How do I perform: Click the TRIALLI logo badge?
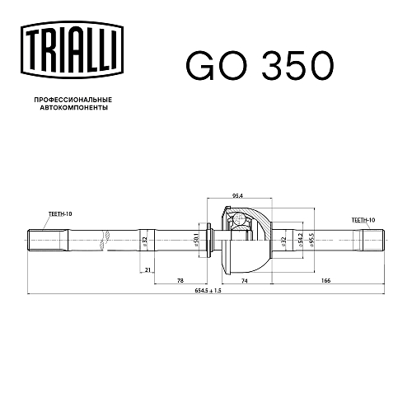coord(72,50)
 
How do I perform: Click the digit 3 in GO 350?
coord(274,65)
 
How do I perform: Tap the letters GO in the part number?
coord(217,65)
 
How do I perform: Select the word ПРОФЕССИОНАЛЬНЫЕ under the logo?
coord(73,100)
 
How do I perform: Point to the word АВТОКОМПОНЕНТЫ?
coord(73,108)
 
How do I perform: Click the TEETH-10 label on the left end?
coord(60,213)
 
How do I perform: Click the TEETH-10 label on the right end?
coord(363,220)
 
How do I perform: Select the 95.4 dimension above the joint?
coord(238,196)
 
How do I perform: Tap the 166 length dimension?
coord(325,280)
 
